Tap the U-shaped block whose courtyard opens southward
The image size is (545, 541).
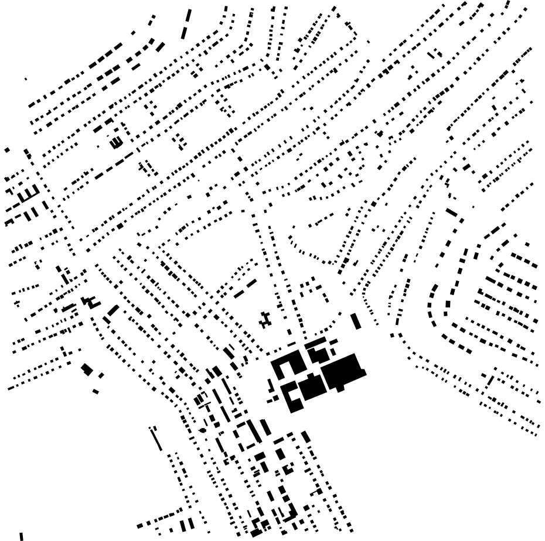pyautogui.click(x=284, y=367)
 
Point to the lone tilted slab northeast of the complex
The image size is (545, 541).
pyautogui.click(x=356, y=321)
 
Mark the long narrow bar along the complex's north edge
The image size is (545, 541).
pyautogui.click(x=315, y=343)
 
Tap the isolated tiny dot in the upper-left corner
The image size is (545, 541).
pyautogui.click(x=25, y=78)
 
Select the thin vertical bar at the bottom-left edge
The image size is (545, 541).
pyautogui.click(x=21, y=536)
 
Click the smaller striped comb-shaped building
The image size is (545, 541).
pyautogui.click(x=116, y=142)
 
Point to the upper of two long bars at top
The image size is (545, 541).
pyautogui.click(x=188, y=15)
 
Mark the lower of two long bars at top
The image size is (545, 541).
pyautogui.click(x=184, y=33)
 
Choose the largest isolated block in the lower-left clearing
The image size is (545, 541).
pyautogui.click(x=87, y=369)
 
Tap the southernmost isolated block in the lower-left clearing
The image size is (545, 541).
pyautogui.click(x=96, y=391)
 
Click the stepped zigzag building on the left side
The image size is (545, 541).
pyautogui.click(x=90, y=302)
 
